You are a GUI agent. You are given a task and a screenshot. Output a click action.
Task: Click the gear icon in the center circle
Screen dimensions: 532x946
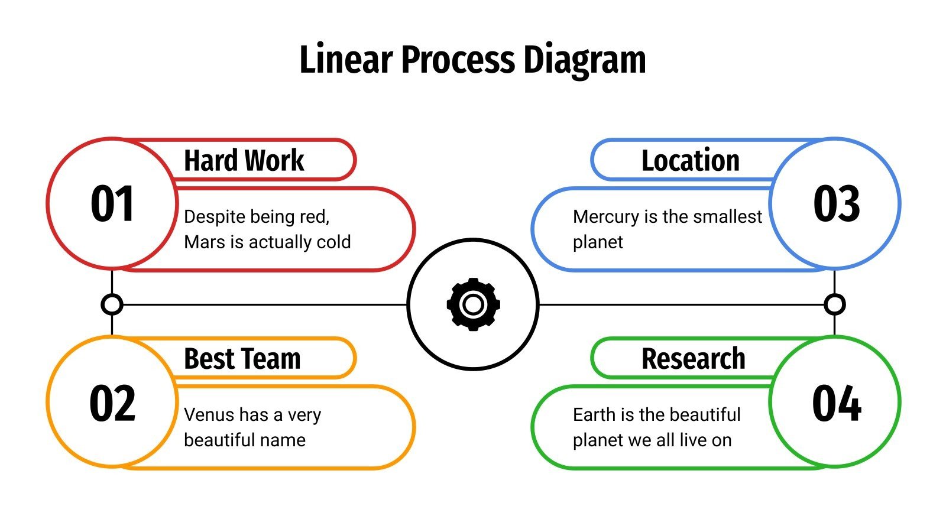click(x=473, y=304)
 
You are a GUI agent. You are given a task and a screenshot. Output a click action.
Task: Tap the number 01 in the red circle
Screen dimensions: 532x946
click(x=112, y=204)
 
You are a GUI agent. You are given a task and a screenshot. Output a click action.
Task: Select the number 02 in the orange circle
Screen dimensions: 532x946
click(x=112, y=403)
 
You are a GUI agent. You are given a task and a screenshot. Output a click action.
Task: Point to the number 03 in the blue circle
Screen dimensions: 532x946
click(x=836, y=204)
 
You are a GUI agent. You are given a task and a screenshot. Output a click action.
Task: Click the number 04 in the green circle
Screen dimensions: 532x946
click(x=836, y=403)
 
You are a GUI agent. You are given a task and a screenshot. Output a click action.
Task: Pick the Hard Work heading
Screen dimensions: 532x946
click(x=244, y=160)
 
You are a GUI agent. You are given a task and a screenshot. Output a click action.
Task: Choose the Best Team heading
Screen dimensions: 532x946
click(x=242, y=359)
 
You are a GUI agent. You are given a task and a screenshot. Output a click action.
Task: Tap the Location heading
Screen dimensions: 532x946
click(x=690, y=160)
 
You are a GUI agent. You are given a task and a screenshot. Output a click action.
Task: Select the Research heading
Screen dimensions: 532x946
click(x=693, y=359)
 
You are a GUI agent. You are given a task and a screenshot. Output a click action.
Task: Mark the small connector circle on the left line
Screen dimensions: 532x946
click(x=112, y=304)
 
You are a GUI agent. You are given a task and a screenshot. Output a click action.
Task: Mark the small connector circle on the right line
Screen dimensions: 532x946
click(x=834, y=304)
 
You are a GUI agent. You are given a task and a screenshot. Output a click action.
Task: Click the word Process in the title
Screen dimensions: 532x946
click(x=458, y=60)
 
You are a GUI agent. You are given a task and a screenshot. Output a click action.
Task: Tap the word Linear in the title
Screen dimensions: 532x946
click(x=346, y=60)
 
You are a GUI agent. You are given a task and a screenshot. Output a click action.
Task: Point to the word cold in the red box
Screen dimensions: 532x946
click(x=334, y=242)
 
